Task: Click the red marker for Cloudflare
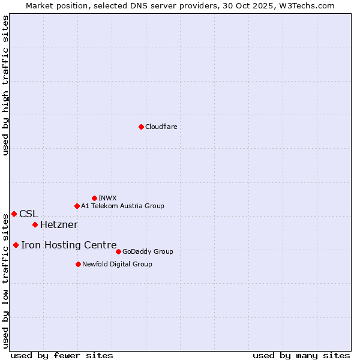coord(141,127)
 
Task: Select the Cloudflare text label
coord(161,127)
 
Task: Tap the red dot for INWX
coord(94,198)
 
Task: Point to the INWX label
coord(107,198)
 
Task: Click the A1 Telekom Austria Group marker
coord(77,206)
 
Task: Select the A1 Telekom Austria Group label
coord(122,206)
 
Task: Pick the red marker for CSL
coord(14,214)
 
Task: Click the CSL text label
coord(28,214)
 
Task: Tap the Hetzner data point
coord(35,224)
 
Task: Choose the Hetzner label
coord(59,224)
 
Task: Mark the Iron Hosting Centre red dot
coord(16,245)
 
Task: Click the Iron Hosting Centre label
coord(68,245)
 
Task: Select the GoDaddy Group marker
coord(118,251)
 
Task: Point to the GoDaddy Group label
coord(148,251)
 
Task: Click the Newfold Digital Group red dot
coord(78,264)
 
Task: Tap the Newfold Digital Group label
coord(117,264)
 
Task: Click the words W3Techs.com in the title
coord(310,5)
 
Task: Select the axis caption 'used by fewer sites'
coord(62,355)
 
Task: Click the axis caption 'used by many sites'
coord(301,355)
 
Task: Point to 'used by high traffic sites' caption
coord(5,85)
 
